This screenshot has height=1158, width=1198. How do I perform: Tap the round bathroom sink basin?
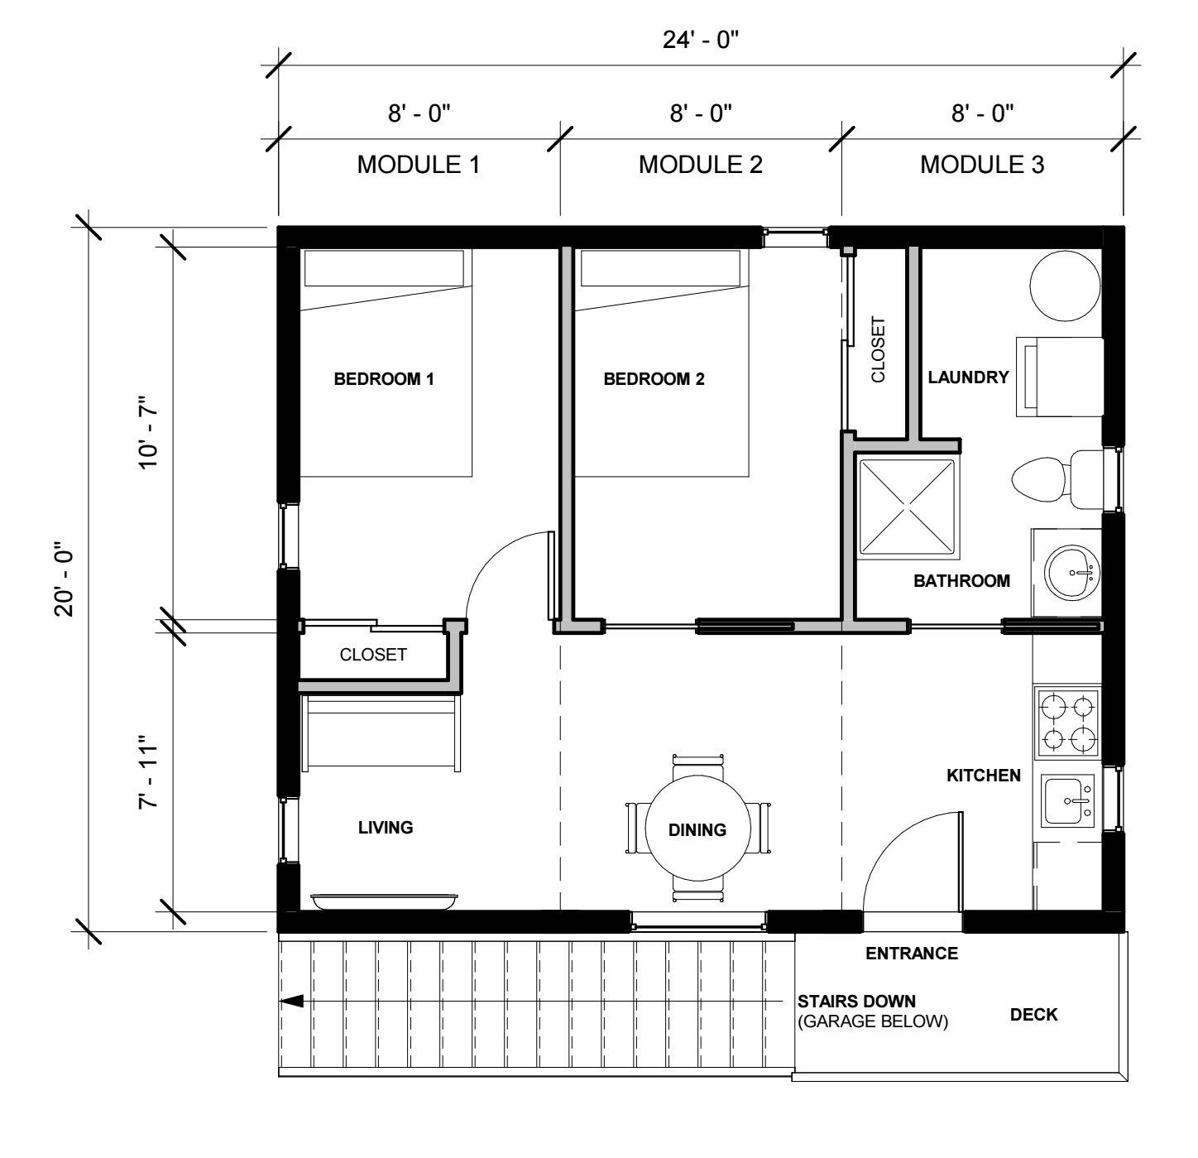pos(1071,572)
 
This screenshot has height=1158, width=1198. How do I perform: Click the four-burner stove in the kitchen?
pos(1068,723)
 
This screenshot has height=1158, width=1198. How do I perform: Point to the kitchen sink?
pos(1067,800)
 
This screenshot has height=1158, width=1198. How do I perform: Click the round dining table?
pos(697,829)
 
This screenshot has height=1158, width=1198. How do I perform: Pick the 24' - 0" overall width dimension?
pos(701,40)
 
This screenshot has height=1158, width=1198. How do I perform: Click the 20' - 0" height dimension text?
pos(64,579)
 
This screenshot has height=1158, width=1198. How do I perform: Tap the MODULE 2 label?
pos(701,165)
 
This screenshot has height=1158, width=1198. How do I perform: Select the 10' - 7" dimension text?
pos(148,432)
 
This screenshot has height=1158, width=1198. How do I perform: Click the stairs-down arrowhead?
pos(292,1001)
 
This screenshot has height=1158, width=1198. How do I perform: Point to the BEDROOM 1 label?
pos(384,379)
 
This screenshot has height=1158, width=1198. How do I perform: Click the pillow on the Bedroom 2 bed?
pos(660,268)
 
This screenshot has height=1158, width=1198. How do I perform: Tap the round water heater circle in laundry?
pos(1065,286)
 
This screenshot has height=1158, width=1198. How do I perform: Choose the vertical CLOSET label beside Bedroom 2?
pos(878,349)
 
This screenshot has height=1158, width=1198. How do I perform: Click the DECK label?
pos(1033,1015)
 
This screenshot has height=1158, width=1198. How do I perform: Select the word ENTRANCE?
pos(912,954)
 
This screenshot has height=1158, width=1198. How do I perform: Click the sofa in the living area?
pos(381,732)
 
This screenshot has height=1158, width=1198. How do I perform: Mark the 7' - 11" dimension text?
pos(148,772)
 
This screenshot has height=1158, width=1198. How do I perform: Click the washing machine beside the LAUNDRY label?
pos(1060,377)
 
